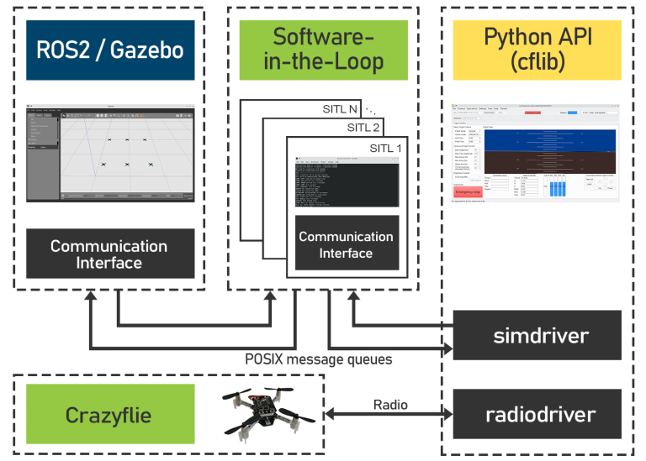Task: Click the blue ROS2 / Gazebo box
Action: click(110, 50)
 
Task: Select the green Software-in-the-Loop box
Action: click(324, 50)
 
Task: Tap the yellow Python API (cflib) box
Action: click(537, 50)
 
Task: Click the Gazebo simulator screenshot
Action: click(110, 154)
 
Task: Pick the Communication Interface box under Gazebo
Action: click(110, 254)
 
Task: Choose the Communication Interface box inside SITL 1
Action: click(346, 244)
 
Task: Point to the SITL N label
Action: click(341, 109)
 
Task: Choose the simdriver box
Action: click(537, 335)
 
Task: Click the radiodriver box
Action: click(537, 414)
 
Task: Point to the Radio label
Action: click(390, 404)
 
